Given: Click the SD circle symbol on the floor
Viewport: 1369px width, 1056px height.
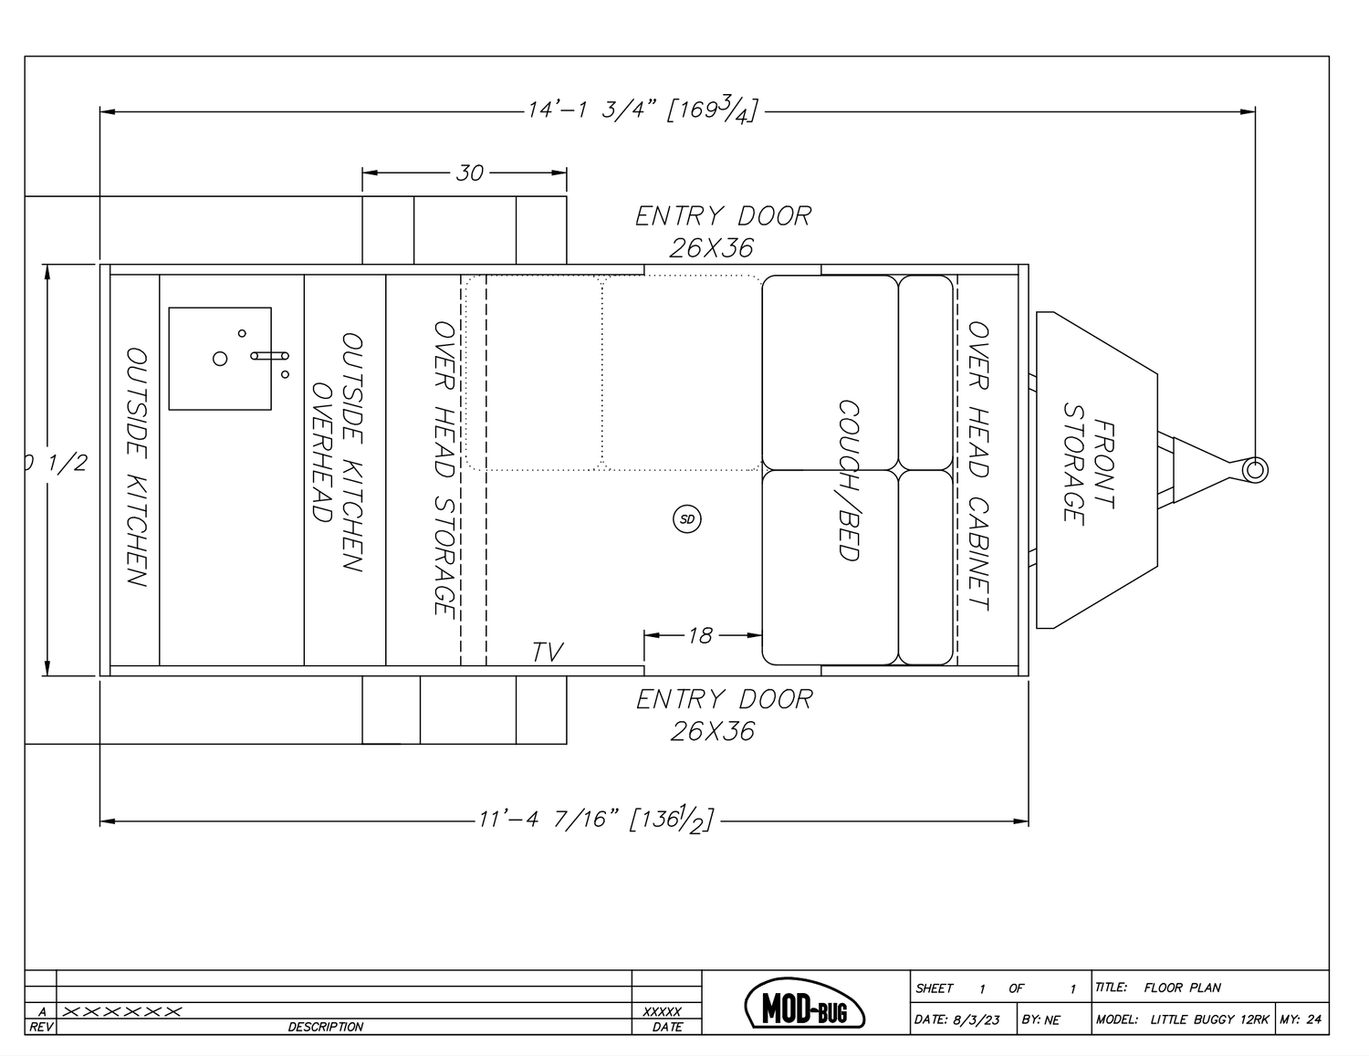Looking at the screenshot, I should (687, 519).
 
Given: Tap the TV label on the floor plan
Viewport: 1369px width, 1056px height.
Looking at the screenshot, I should (548, 652).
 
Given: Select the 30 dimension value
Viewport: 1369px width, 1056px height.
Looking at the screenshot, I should (469, 173).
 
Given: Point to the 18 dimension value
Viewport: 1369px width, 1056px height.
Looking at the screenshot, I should (700, 635).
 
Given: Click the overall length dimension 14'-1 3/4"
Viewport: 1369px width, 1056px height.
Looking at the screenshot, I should (642, 111).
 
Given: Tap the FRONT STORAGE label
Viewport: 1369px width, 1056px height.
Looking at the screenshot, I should (1089, 471).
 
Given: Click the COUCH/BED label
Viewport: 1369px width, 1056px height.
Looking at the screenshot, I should (850, 480).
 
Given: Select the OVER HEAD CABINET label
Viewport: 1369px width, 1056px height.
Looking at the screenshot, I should (978, 465).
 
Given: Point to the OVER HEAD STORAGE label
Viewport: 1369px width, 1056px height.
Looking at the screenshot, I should (444, 467).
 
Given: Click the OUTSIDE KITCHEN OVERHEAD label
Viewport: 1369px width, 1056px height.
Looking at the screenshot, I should (339, 453).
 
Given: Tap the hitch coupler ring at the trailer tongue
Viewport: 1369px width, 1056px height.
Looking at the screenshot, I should (1255, 469).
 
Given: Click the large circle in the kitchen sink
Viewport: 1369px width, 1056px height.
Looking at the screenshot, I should (220, 359).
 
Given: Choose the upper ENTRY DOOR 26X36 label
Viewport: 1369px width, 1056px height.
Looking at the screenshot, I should (722, 231).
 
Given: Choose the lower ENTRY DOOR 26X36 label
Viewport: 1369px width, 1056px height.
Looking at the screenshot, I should (724, 715).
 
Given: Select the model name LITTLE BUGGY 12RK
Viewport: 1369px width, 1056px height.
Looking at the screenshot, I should (1209, 1019).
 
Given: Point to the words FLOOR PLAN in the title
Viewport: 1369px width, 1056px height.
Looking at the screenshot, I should (1182, 988).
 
